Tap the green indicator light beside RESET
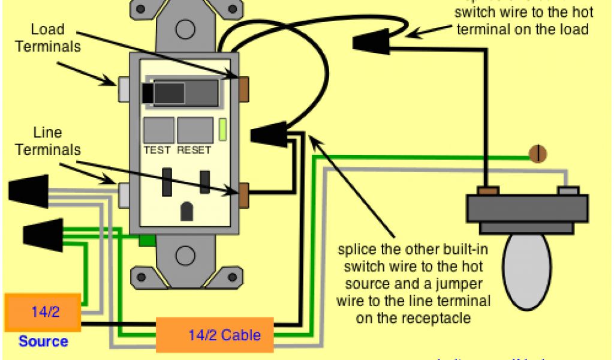[223, 130]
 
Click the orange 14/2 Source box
[42, 312]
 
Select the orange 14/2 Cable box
[215, 334]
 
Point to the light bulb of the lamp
[526, 271]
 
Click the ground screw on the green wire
[538, 154]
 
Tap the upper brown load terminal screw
[244, 89]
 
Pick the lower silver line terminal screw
[124, 195]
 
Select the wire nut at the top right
[372, 43]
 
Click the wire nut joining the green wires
[43, 233]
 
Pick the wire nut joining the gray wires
[28, 191]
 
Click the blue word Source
[43, 341]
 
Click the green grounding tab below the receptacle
[147, 240]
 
